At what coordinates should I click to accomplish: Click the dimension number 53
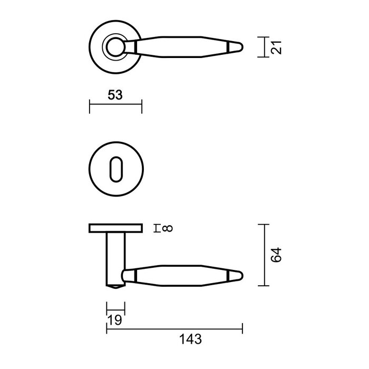point(115,95)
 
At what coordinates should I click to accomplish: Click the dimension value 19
point(115,320)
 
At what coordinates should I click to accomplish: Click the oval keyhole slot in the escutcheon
point(115,169)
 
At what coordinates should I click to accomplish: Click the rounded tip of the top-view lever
point(239,47)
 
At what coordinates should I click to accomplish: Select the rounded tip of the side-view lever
point(239,276)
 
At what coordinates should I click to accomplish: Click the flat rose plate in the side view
point(115,228)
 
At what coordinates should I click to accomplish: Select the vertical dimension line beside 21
point(264,47)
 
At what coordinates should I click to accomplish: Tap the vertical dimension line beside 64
point(264,255)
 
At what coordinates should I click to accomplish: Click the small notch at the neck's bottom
point(115,288)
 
